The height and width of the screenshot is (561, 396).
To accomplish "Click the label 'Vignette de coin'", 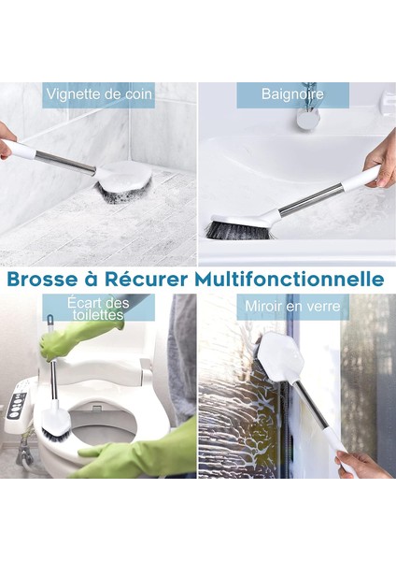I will point(98,93).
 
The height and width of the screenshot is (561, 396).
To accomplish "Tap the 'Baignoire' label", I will point(292,94).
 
